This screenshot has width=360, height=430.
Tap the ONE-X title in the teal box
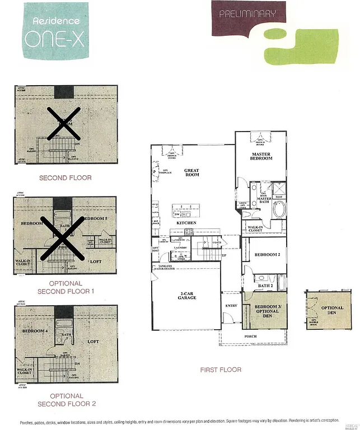(x=55, y=38)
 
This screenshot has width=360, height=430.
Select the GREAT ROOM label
(x=192, y=172)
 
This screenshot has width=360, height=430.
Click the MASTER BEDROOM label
(x=261, y=156)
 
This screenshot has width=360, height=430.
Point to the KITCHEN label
(x=186, y=223)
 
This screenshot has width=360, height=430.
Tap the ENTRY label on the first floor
(x=231, y=306)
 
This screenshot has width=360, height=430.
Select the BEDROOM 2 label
(x=267, y=255)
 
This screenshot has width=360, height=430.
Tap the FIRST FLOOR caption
(x=221, y=370)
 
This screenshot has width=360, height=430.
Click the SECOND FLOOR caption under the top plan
(x=65, y=177)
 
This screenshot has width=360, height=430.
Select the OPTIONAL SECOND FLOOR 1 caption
(x=65, y=287)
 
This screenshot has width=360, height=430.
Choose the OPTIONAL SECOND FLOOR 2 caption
(x=65, y=400)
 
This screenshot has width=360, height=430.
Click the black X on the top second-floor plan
(x=63, y=123)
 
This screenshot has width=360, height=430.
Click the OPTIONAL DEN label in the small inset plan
(x=331, y=310)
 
